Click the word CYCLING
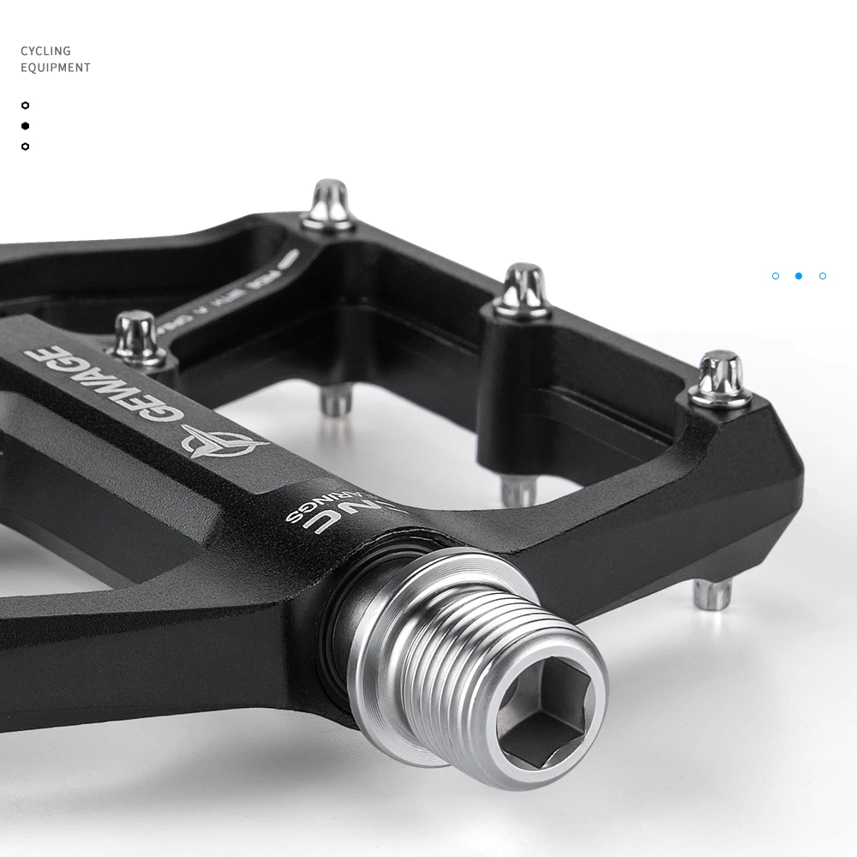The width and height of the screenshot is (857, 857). pos(45,51)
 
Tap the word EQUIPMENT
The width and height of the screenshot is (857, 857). pos(56,68)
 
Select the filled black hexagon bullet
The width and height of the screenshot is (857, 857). pos(25,126)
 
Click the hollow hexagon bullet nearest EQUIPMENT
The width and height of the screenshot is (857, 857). pos(25,105)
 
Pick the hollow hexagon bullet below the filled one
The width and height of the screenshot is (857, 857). pos(25,147)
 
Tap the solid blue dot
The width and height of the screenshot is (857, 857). pos(799,276)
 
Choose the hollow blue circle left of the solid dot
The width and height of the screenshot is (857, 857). pos(776,276)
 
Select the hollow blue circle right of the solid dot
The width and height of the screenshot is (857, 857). pos(823,276)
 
